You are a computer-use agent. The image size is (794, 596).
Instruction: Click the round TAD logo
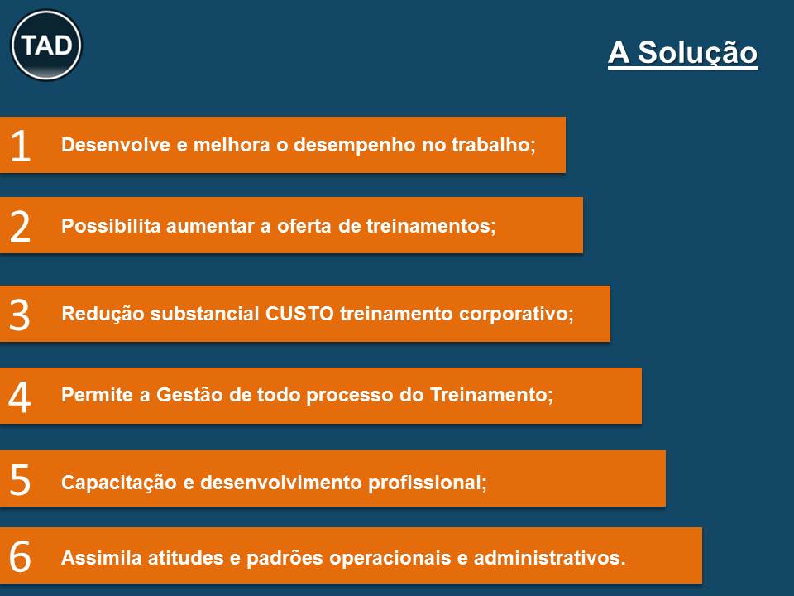[46, 45]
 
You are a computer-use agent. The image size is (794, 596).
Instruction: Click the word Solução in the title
[697, 52]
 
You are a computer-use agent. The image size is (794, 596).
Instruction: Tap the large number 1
[21, 146]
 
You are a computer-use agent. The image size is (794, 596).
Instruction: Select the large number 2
[20, 226]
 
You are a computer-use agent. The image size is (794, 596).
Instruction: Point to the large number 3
[20, 315]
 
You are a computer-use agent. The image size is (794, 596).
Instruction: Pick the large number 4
[20, 397]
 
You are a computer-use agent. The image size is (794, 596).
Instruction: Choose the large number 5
[20, 479]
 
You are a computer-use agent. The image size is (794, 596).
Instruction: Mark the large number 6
[20, 556]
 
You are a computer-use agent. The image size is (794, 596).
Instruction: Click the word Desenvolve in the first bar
[116, 145]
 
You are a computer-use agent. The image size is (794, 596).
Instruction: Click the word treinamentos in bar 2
[429, 226]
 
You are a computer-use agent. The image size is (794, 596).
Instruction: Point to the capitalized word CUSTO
[299, 314]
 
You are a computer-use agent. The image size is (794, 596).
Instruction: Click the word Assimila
[101, 558]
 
